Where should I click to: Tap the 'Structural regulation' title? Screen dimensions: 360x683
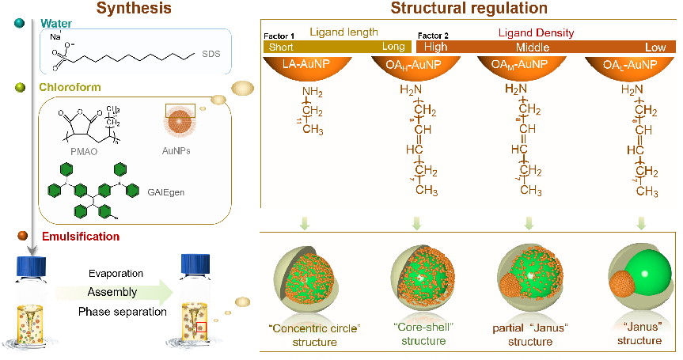[x=469, y=9]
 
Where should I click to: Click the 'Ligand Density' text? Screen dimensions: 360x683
[x=536, y=33]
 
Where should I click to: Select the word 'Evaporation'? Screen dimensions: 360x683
[x=116, y=274]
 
